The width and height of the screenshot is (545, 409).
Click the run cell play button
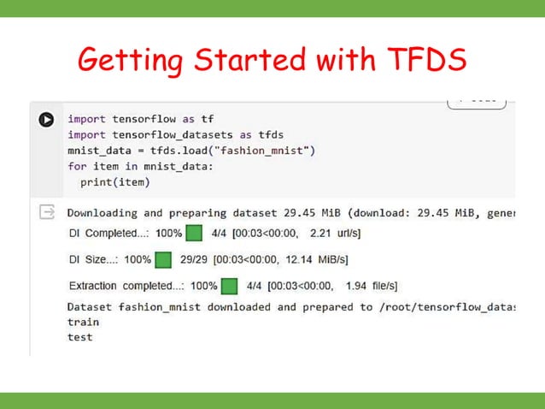[x=46, y=120]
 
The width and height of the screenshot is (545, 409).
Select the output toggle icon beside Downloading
[x=46, y=212]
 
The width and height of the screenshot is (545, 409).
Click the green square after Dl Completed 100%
[x=194, y=234]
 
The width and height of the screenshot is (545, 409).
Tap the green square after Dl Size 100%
[x=162, y=259]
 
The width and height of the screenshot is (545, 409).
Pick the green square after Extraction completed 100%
[x=229, y=286]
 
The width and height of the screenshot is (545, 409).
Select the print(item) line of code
[x=114, y=181]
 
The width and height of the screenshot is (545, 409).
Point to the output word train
[x=83, y=322]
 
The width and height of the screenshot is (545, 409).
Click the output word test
[x=79, y=336]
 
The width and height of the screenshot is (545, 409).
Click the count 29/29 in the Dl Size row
[x=194, y=259]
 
